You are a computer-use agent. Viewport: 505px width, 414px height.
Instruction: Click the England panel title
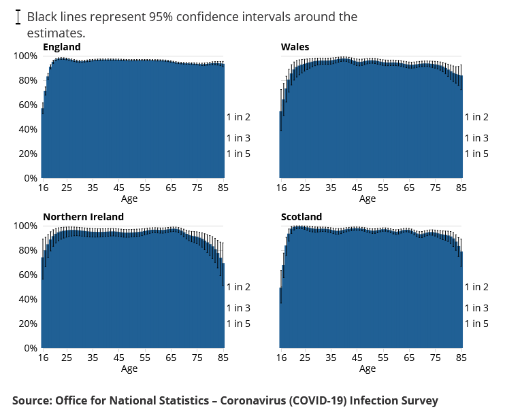(x=61, y=47)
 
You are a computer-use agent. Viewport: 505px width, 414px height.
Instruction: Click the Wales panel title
(x=295, y=47)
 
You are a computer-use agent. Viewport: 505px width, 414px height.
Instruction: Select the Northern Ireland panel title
(x=83, y=217)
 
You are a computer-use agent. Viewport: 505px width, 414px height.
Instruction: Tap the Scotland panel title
(x=302, y=217)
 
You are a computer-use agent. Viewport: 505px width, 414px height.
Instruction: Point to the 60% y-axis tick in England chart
(x=27, y=105)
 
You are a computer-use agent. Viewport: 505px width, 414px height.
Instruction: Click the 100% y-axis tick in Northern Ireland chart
(x=25, y=226)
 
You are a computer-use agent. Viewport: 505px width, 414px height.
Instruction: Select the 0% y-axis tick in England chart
(x=31, y=178)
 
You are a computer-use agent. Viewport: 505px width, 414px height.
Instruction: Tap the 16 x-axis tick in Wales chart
(x=280, y=188)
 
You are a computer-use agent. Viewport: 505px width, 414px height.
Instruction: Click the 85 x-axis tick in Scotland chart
(x=461, y=358)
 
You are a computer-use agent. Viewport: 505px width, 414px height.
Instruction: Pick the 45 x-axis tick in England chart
(x=119, y=188)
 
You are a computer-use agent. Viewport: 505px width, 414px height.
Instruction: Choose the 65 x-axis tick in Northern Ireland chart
(x=171, y=358)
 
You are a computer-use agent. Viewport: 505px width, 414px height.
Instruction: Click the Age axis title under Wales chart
(x=367, y=199)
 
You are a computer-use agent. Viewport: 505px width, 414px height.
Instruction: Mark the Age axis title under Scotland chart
(x=367, y=368)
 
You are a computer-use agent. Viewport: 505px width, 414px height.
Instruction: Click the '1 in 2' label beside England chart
(x=238, y=117)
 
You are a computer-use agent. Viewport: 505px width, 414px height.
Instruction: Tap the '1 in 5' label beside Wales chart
(x=476, y=154)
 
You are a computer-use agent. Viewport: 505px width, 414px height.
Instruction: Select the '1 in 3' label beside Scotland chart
(x=476, y=308)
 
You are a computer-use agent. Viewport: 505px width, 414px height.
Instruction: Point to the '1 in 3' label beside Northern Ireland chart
(x=238, y=308)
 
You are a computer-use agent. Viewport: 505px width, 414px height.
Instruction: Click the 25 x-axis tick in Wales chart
(x=305, y=188)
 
